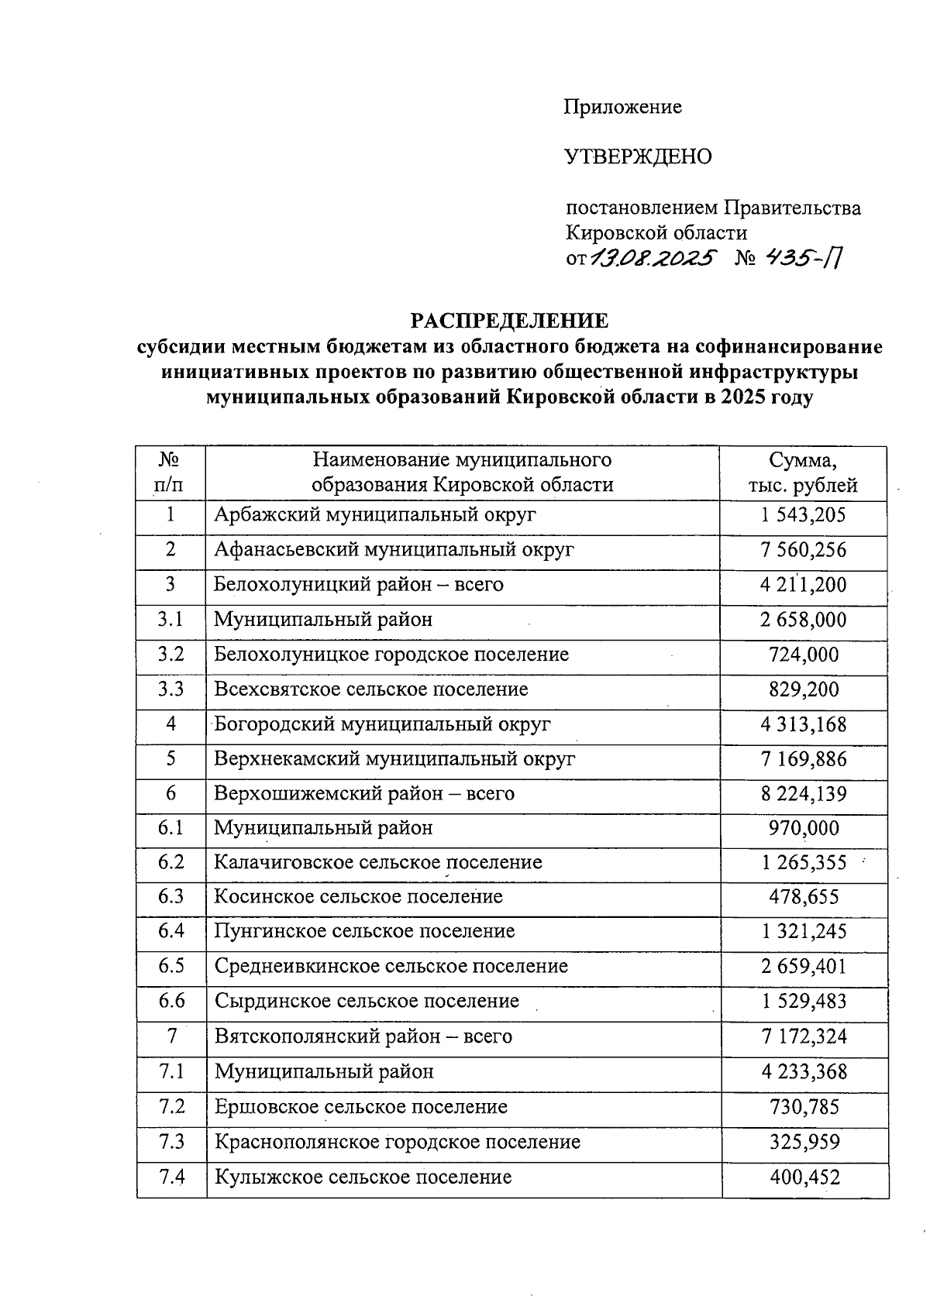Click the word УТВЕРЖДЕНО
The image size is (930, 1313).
pos(638,157)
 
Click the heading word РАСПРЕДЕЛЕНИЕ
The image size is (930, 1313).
pos(509,320)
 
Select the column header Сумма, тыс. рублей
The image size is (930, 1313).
pos(803,473)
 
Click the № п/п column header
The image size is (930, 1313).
pos(170,473)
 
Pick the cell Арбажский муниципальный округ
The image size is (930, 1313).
pos(375,515)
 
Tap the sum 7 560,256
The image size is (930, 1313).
pos(804,550)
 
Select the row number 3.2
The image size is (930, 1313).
pos(170,655)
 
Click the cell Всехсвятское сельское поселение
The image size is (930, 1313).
pos(371,689)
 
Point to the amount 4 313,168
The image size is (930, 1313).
pos(804,724)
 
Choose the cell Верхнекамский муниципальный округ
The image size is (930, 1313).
pos(394,759)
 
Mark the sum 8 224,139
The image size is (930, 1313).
pos(804,794)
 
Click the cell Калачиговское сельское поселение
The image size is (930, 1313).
pos(378,863)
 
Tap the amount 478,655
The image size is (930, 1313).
pos(804,897)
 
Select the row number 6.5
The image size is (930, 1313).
pos(170,966)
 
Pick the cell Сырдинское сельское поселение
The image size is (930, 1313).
pos(367,1001)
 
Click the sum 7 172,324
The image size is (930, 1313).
pos(804,1036)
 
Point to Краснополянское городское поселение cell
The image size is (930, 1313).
pos(397,1142)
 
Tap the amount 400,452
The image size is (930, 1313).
pos(804,1177)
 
